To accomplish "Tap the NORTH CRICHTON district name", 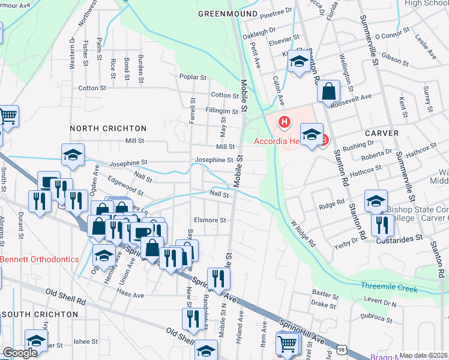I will [108, 128].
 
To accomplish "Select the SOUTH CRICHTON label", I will [40, 314].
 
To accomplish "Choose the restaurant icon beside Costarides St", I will [382, 224].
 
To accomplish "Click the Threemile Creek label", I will [389, 289].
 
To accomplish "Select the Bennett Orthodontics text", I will [40, 260].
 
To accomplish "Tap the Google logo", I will [20, 353].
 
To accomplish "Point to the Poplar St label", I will [193, 77].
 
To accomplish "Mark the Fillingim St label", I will [221, 112].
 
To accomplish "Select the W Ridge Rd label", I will [303, 233].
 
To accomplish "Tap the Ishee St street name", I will [85, 341].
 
